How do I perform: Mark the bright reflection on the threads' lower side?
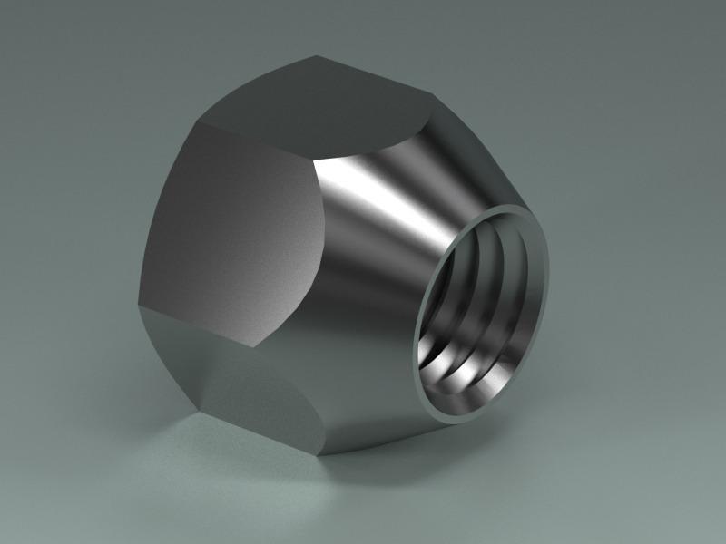(454, 385)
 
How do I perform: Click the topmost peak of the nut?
(318, 56)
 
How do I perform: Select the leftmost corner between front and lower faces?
(138, 304)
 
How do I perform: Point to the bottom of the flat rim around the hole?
(454, 418)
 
